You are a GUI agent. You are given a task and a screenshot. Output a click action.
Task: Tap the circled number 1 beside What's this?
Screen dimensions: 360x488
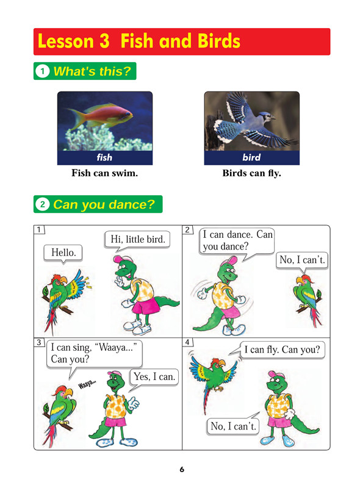(43, 71)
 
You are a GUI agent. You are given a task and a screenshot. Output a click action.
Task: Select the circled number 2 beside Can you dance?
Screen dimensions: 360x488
(43, 204)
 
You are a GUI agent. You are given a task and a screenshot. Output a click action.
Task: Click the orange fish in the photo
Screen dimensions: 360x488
(99, 116)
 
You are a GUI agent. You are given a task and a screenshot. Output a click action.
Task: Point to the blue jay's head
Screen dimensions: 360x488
(267, 117)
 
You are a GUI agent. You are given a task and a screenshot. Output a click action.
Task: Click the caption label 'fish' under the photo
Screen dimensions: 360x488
(104, 157)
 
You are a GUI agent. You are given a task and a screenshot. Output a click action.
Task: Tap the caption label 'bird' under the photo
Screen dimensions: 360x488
(251, 157)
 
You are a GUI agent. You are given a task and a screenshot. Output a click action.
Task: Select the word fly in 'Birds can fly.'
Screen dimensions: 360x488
(275, 173)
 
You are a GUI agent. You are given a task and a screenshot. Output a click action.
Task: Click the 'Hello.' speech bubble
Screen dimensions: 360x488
(63, 253)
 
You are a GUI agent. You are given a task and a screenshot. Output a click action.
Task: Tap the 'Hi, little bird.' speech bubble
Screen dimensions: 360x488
(138, 240)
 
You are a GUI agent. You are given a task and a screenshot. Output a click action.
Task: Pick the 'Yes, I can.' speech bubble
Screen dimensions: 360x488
(154, 378)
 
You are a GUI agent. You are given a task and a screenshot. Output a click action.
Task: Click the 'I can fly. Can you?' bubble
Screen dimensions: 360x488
(282, 350)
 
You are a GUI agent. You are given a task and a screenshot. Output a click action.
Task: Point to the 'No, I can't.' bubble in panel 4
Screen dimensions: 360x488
(233, 426)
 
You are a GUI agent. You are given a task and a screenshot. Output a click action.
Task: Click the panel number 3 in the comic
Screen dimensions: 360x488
(39, 342)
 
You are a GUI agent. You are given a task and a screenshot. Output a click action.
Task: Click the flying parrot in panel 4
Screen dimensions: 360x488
(214, 376)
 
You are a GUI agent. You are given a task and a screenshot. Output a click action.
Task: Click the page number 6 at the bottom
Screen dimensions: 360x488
(182, 469)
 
